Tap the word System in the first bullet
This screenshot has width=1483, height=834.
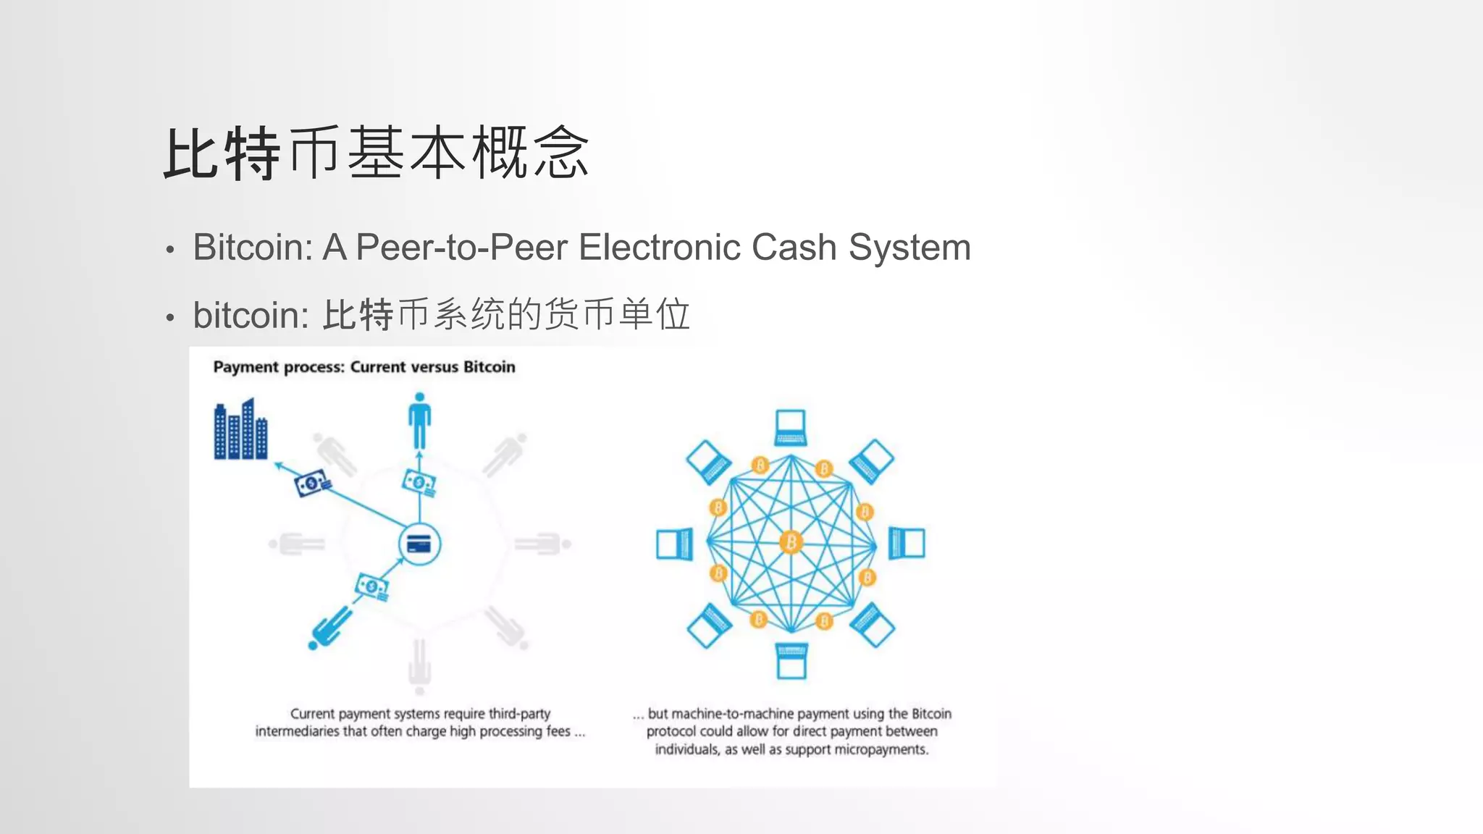pyautogui.click(x=909, y=248)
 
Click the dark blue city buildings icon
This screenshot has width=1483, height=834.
pyautogui.click(x=240, y=429)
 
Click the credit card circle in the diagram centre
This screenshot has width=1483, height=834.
pyautogui.click(x=419, y=544)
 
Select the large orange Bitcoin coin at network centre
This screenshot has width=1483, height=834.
pyautogui.click(x=791, y=542)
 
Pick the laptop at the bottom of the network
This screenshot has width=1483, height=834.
pyautogui.click(x=791, y=660)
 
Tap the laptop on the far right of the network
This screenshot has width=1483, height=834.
pyautogui.click(x=907, y=543)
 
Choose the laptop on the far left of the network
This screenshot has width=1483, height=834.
pyautogui.click(x=674, y=544)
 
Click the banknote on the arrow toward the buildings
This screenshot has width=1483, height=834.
pyautogui.click(x=312, y=483)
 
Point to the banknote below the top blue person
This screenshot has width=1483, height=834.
pyautogui.click(x=419, y=483)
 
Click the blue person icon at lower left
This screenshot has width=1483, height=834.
pyautogui.click(x=330, y=627)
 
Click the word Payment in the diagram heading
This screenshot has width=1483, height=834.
pyautogui.click(x=243, y=367)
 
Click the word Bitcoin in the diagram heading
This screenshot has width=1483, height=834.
pyautogui.click(x=489, y=367)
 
